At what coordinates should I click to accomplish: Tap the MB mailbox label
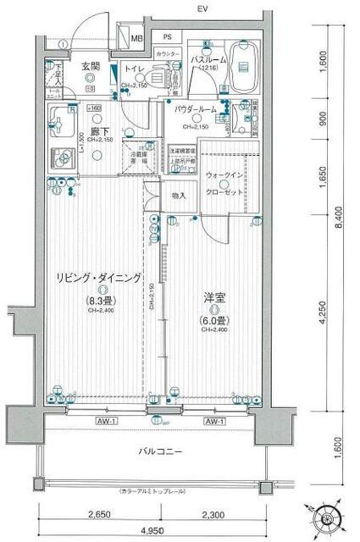(136, 39)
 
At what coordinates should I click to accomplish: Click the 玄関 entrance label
(91, 66)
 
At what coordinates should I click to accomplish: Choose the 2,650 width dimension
(98, 515)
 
